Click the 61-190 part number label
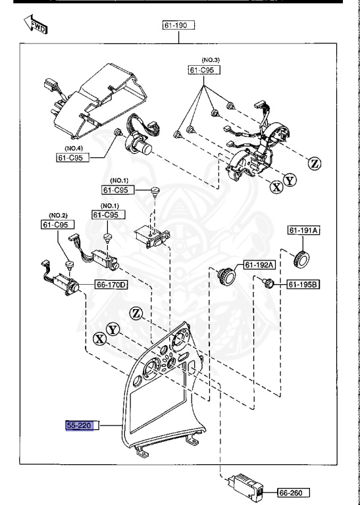[178, 25]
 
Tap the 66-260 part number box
[294, 493]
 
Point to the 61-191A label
[303, 230]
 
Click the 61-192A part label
[259, 265]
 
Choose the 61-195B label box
[303, 284]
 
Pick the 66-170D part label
[111, 284]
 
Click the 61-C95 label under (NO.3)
[204, 70]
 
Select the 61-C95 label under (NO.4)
[73, 158]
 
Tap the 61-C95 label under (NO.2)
[58, 224]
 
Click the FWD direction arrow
[36, 24]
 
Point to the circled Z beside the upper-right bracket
[314, 164]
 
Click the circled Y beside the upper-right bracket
[290, 180]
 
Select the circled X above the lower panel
[99, 339]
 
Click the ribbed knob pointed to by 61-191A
[301, 258]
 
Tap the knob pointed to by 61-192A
[226, 276]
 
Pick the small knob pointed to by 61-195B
[268, 283]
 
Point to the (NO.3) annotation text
[211, 60]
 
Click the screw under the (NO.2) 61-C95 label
[69, 265]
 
